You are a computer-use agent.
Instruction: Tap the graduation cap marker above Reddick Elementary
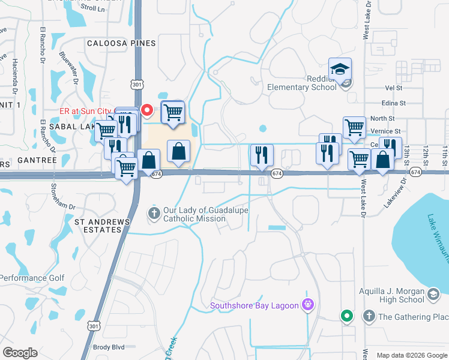coord(340,70)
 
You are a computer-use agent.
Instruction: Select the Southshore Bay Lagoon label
coord(254,306)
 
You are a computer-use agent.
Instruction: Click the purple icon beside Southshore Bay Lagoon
coord(309,305)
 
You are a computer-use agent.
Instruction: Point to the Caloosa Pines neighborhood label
coord(121,43)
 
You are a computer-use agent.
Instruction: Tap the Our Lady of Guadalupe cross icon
coord(154,212)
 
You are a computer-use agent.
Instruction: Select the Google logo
coord(20,353)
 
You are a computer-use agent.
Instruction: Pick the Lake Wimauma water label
coord(436,235)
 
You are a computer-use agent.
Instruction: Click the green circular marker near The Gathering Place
coord(346,316)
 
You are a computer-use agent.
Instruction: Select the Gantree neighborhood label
coord(37,160)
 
